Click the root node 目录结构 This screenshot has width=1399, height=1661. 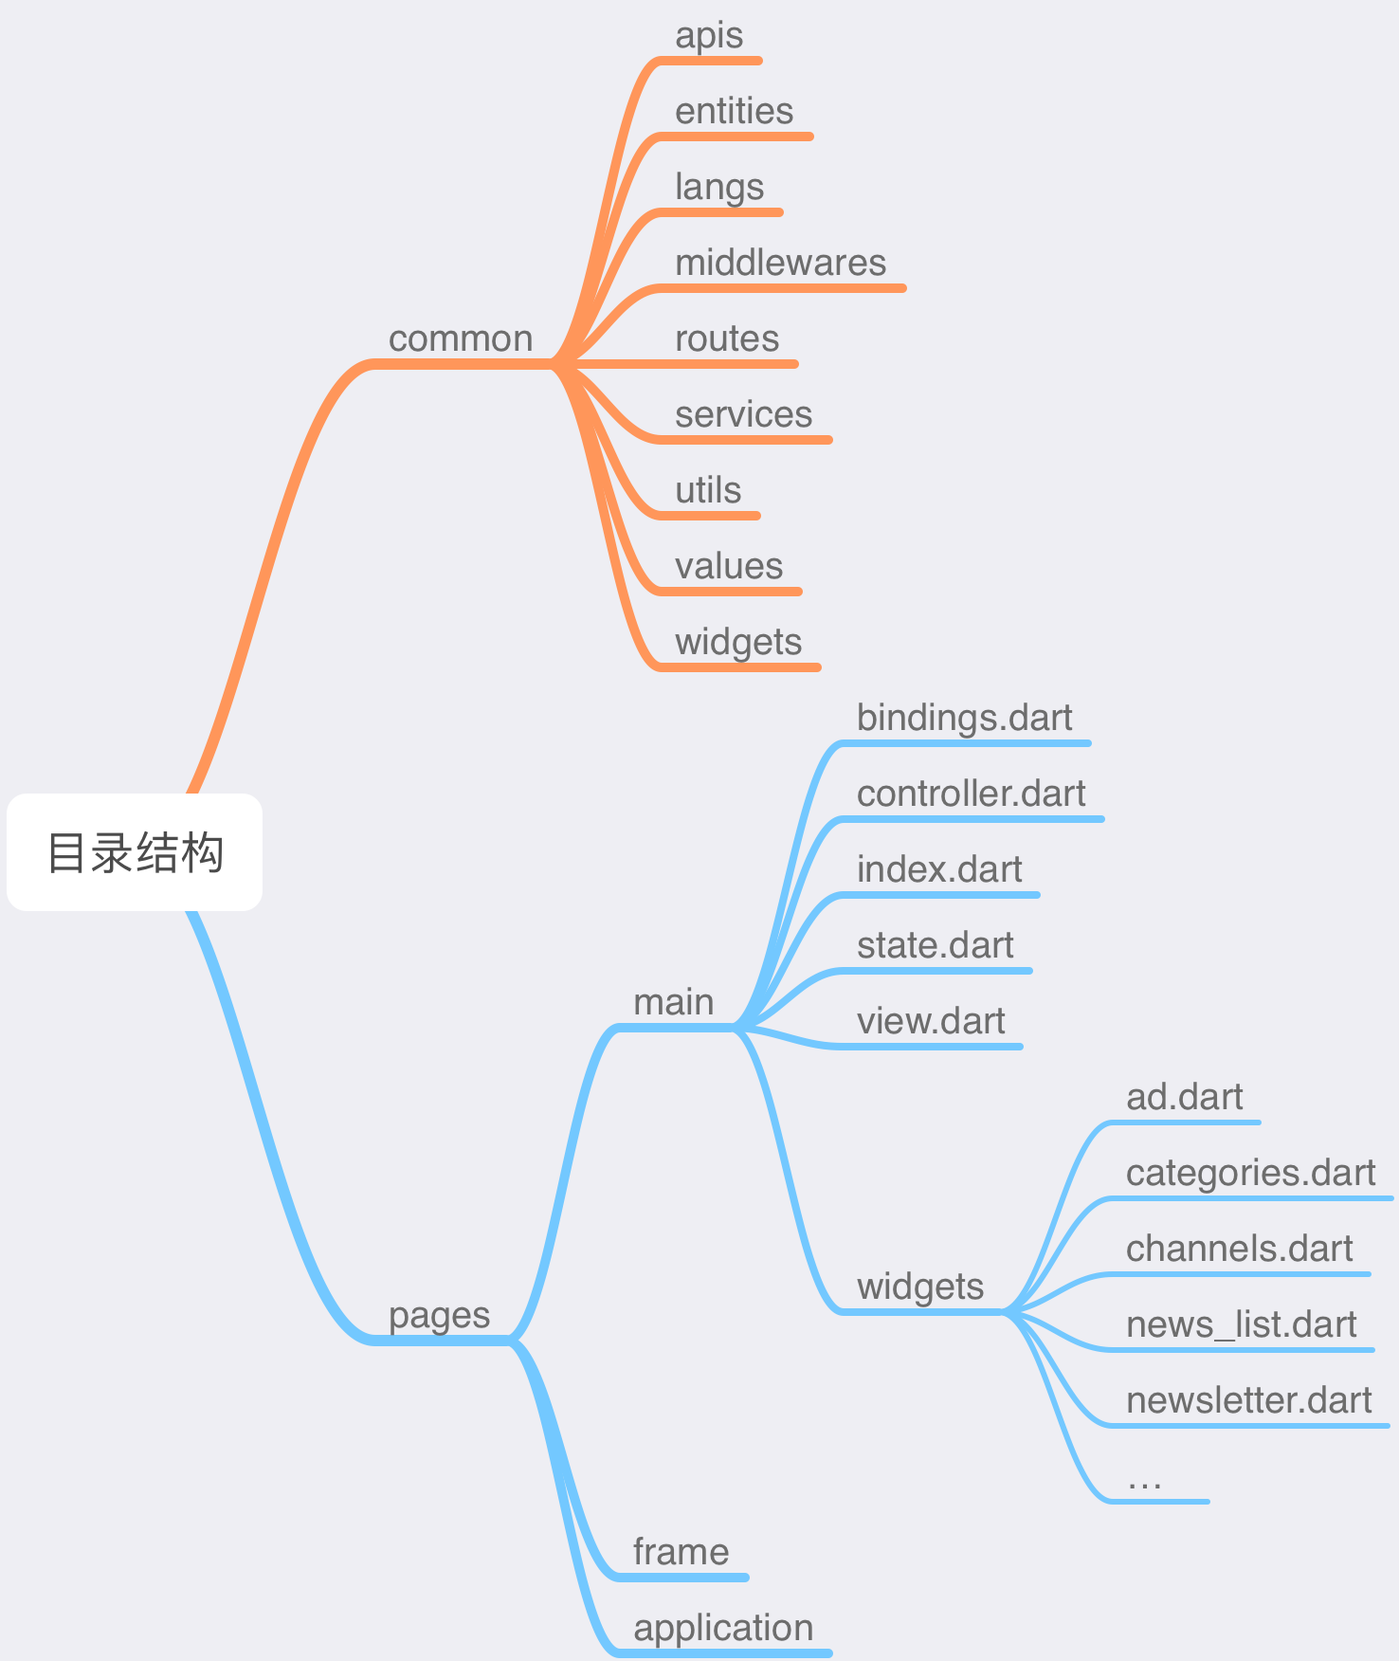(135, 852)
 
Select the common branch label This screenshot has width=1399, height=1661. (461, 339)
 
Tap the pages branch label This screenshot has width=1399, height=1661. (439, 1316)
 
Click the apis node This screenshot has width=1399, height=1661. (709, 36)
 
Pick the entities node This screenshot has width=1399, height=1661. (734, 112)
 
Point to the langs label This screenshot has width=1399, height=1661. (719, 188)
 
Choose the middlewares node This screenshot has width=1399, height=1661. (780, 264)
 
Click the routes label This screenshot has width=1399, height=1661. (727, 339)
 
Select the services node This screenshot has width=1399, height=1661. (743, 415)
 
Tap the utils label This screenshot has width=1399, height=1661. (708, 491)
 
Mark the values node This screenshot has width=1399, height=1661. (729, 567)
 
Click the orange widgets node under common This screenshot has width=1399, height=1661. (738, 643)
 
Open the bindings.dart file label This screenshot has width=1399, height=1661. (964, 719)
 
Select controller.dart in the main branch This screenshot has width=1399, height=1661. (971, 794)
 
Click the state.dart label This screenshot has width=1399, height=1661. (935, 946)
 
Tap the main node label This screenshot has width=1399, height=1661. (673, 1003)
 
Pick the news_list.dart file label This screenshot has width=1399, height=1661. (1241, 1325)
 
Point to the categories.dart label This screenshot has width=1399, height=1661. (1250, 1174)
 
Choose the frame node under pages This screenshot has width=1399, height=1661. (681, 1553)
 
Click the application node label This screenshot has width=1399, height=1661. (723, 1629)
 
